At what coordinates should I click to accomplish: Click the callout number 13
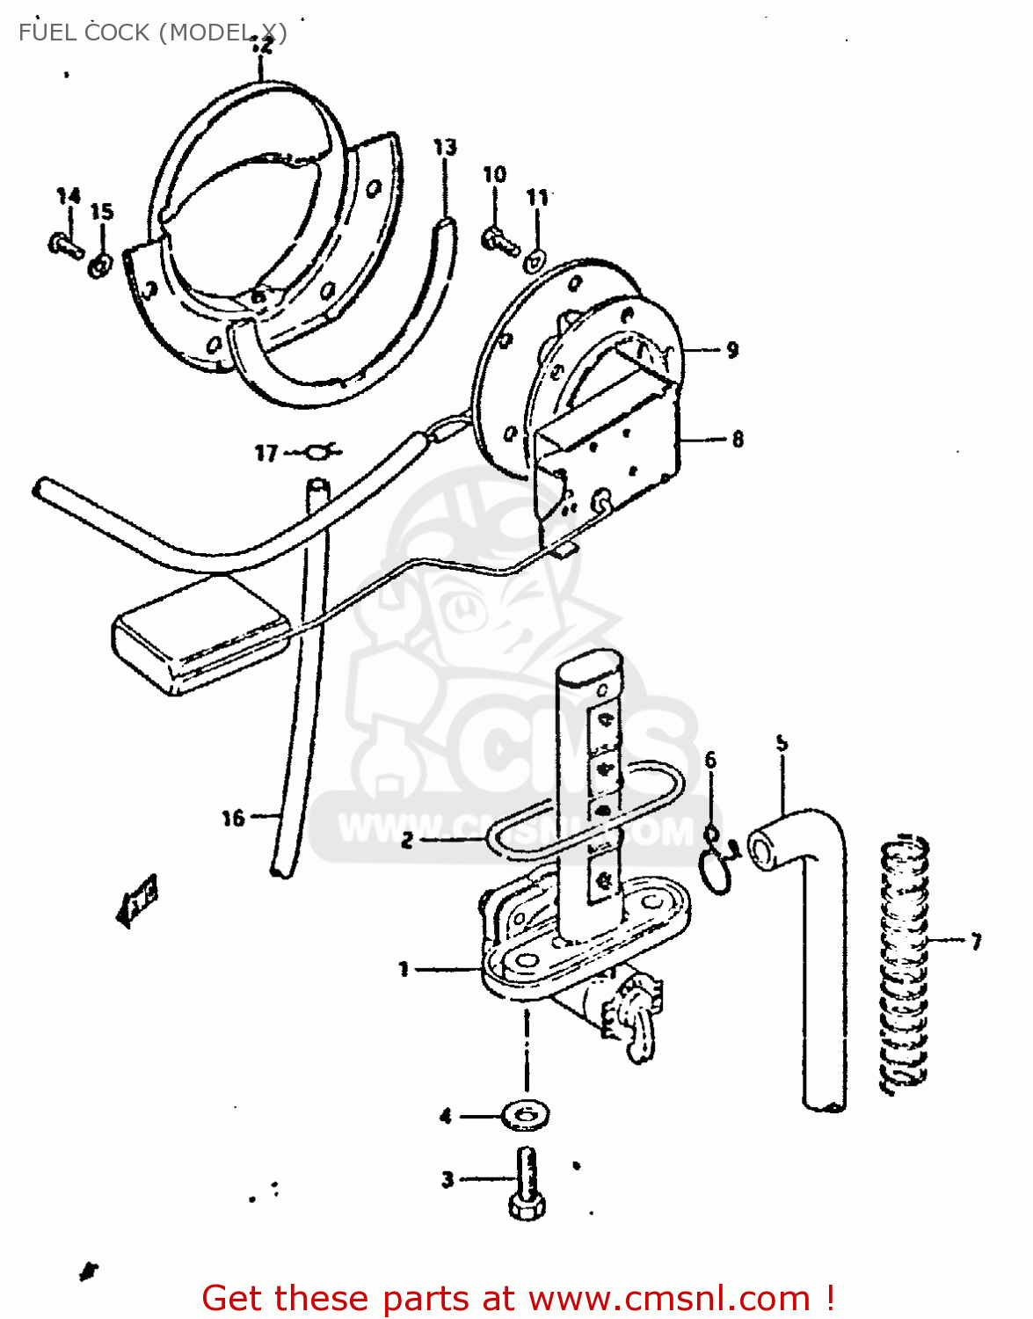[x=445, y=147]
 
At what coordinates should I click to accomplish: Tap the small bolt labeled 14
[x=65, y=244]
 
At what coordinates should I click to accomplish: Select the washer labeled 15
[x=100, y=264]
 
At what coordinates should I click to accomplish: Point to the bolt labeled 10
[x=500, y=238]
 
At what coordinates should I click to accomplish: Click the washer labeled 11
[x=535, y=260]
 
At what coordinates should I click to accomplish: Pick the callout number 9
[x=732, y=350]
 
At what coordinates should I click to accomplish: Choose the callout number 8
[x=737, y=438]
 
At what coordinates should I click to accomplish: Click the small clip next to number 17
[x=320, y=452]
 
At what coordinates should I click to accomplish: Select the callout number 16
[x=232, y=818]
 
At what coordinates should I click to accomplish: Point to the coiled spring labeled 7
[x=905, y=963]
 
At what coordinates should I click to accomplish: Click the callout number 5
[x=782, y=743]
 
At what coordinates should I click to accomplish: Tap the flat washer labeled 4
[x=526, y=1116]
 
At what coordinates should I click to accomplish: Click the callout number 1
[x=404, y=969]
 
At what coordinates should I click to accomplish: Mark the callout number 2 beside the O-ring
[x=406, y=840]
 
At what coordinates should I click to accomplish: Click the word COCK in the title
[x=117, y=33]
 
